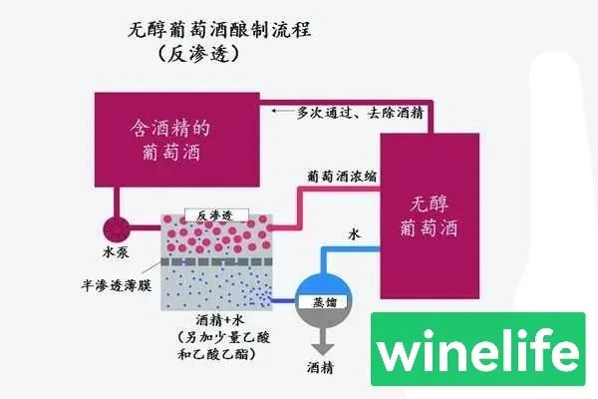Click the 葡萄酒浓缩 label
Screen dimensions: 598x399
[342, 175]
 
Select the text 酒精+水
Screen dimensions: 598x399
[213, 319]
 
